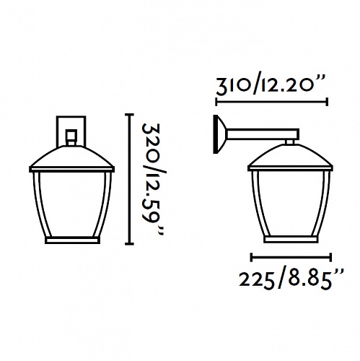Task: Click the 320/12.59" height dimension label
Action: [x=153, y=179]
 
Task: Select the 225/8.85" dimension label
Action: [x=291, y=280]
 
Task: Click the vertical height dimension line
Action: [x=129, y=179]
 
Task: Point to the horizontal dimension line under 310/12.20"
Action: [x=271, y=102]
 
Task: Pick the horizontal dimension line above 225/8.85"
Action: [x=291, y=257]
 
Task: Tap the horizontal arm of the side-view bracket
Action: [x=263, y=134]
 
